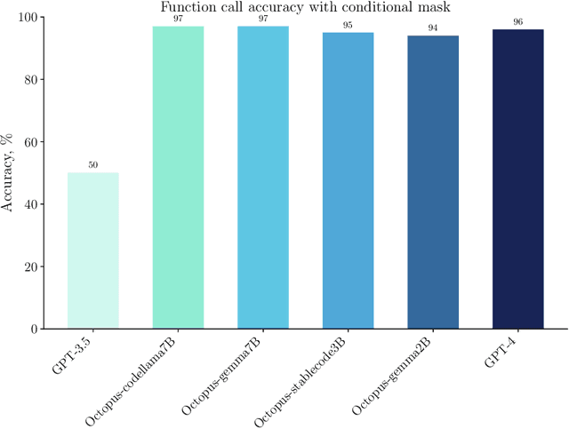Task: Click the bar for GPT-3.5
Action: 93,250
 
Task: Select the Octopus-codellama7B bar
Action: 178,178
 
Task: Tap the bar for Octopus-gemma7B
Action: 263,178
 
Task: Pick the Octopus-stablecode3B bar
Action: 348,180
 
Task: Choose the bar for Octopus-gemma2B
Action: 433,182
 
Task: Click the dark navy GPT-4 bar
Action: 517,179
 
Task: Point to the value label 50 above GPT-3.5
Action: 93,165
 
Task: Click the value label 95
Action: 348,25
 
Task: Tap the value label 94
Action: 433,28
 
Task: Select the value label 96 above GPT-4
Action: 517,22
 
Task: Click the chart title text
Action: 305,8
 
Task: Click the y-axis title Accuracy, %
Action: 9,173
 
